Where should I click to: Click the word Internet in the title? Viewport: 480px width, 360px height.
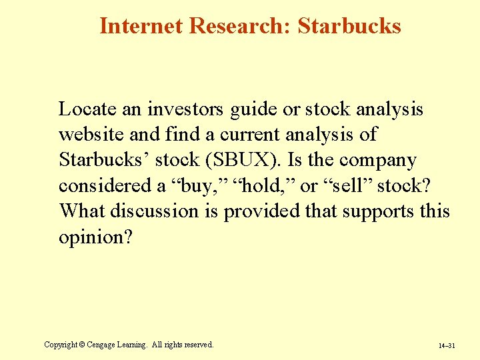click(x=141, y=26)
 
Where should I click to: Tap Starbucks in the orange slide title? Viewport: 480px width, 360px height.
click(x=349, y=26)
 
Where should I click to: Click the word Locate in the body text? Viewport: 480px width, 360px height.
click(x=86, y=109)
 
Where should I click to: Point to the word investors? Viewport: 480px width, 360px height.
click(x=187, y=109)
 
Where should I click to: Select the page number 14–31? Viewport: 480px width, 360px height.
click(x=446, y=346)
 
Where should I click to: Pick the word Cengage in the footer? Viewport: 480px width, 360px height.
click(x=99, y=345)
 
